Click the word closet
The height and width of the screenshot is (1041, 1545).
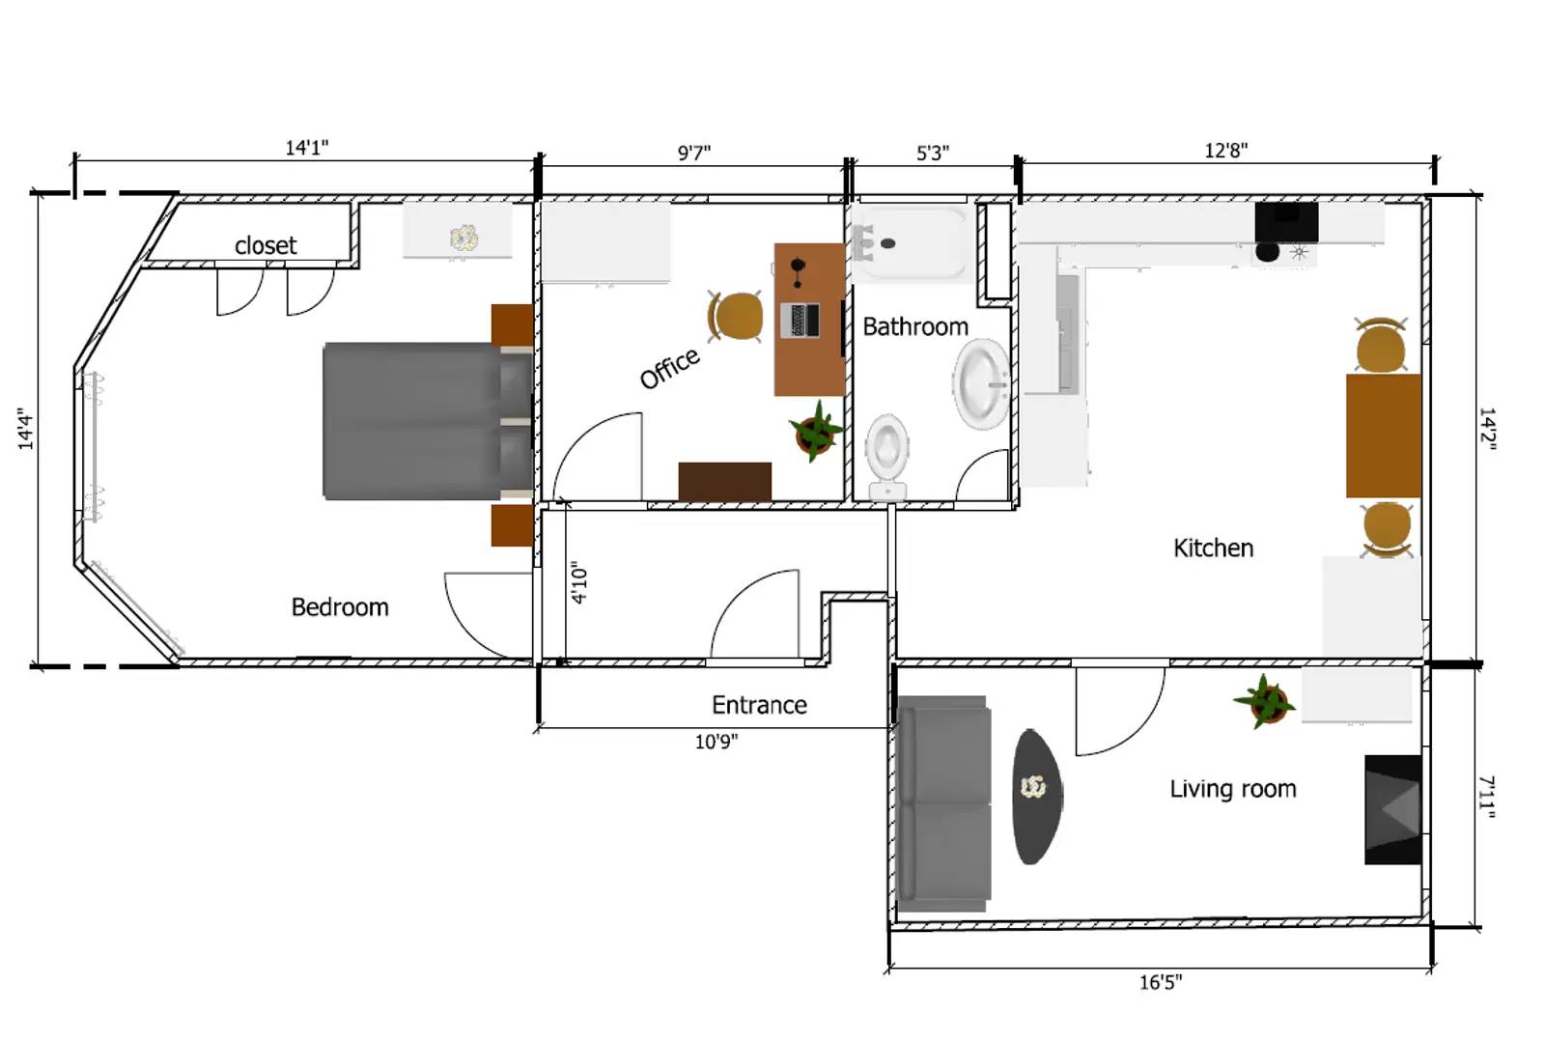[266, 245]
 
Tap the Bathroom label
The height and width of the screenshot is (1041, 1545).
[914, 326]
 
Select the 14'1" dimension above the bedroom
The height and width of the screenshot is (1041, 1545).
[306, 148]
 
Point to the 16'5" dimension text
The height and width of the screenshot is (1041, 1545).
[1160, 982]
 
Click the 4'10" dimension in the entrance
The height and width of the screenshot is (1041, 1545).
[579, 583]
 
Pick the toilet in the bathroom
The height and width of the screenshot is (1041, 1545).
[886, 454]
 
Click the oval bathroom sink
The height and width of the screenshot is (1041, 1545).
[982, 383]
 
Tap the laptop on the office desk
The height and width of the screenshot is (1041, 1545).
[800, 320]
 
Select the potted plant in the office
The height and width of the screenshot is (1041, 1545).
[816, 432]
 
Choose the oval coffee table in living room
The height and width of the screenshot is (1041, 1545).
[1035, 796]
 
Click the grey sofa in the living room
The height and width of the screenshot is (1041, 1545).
[942, 803]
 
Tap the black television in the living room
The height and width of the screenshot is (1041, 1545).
[1392, 809]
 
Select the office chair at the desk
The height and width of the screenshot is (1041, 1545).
[736, 316]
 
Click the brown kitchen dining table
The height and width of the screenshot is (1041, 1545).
[1383, 436]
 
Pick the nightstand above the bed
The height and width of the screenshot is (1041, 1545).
[512, 324]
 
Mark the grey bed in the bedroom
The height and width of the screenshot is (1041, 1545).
[425, 421]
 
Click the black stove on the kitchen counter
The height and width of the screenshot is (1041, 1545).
[1285, 222]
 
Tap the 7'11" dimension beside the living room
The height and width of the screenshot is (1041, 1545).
[1487, 797]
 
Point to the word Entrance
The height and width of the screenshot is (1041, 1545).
[759, 705]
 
